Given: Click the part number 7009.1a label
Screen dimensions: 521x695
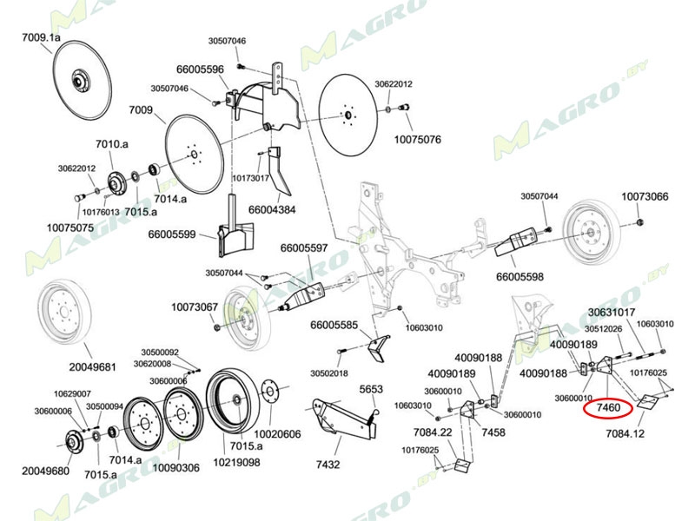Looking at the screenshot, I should pyautogui.click(x=41, y=38).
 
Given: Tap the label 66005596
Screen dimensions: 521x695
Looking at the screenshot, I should pyautogui.click(x=200, y=69).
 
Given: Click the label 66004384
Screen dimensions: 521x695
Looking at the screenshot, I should pyautogui.click(x=273, y=209).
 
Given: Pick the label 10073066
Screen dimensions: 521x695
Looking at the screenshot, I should pyautogui.click(x=645, y=197).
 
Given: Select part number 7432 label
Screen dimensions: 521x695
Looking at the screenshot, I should pyautogui.click(x=328, y=465).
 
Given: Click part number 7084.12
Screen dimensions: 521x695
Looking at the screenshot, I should pyautogui.click(x=625, y=432).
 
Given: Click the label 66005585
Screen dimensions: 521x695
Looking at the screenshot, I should pyautogui.click(x=334, y=326).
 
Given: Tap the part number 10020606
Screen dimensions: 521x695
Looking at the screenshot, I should pyautogui.click(x=277, y=434).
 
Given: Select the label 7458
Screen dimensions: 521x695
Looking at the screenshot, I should pyautogui.click(x=493, y=432).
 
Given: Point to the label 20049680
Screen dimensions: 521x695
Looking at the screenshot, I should pyautogui.click(x=45, y=470).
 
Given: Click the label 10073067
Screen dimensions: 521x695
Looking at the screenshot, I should pyautogui.click(x=194, y=307).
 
